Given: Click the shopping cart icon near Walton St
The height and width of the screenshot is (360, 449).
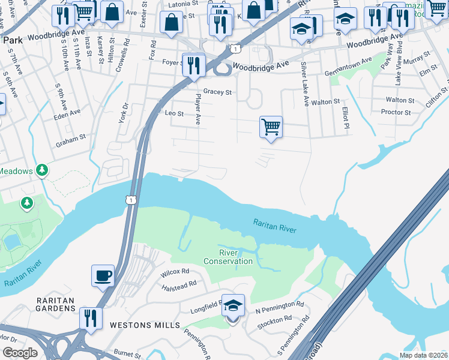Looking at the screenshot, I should (271, 127).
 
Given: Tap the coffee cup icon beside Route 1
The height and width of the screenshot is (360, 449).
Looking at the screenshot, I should (102, 275).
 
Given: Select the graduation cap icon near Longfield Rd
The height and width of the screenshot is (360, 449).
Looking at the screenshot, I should (233, 306).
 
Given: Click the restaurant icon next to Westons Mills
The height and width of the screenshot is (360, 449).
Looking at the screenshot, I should (91, 317).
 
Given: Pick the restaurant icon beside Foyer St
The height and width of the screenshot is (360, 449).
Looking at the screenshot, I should (193, 65).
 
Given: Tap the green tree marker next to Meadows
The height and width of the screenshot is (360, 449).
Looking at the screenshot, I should (41, 171).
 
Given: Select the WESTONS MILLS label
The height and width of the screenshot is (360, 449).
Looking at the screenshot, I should (145, 325).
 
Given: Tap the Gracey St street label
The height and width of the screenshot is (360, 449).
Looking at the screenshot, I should (217, 92).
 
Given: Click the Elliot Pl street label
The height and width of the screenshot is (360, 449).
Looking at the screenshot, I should (345, 118).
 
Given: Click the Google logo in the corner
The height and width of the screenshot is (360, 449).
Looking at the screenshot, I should (20, 352).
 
